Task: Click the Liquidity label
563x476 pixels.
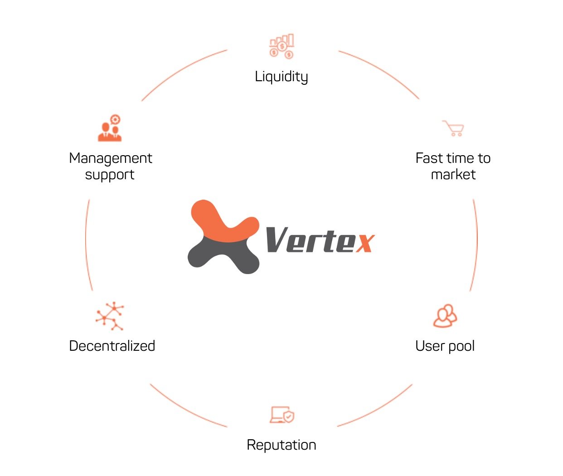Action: click(281, 77)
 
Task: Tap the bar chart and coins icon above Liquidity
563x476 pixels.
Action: click(281, 46)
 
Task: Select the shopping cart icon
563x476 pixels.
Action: click(453, 128)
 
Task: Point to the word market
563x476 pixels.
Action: click(453, 174)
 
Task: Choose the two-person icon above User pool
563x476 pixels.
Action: click(445, 316)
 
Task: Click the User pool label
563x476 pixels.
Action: click(445, 346)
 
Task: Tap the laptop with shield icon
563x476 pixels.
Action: click(282, 414)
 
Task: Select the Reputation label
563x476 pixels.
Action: click(281, 445)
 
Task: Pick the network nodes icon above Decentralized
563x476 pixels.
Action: click(110, 316)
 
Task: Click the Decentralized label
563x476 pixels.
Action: click(112, 346)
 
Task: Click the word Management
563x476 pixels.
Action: click(111, 158)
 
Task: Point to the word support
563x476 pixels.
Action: click(110, 175)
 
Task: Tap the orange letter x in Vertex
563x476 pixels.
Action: click(365, 243)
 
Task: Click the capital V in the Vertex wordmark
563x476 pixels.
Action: click(277, 240)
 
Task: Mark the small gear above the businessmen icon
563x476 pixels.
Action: click(116, 119)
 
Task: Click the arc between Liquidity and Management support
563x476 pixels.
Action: click(181, 71)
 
